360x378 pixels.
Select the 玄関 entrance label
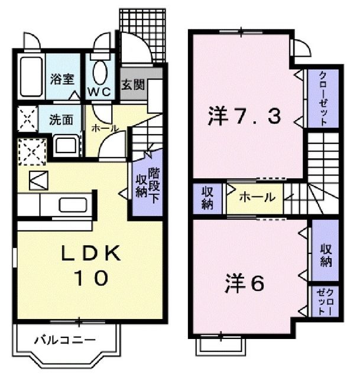tap(134, 85)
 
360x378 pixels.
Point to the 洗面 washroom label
tap(61, 119)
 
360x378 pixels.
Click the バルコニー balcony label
tap(64, 340)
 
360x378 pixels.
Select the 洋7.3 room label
tap(244, 117)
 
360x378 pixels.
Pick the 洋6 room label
tap(243, 283)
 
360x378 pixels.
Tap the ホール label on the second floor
tap(257, 198)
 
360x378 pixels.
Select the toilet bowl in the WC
tap(100, 73)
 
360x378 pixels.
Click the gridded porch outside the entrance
tap(143, 35)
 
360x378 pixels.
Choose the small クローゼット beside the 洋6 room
tap(324, 301)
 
